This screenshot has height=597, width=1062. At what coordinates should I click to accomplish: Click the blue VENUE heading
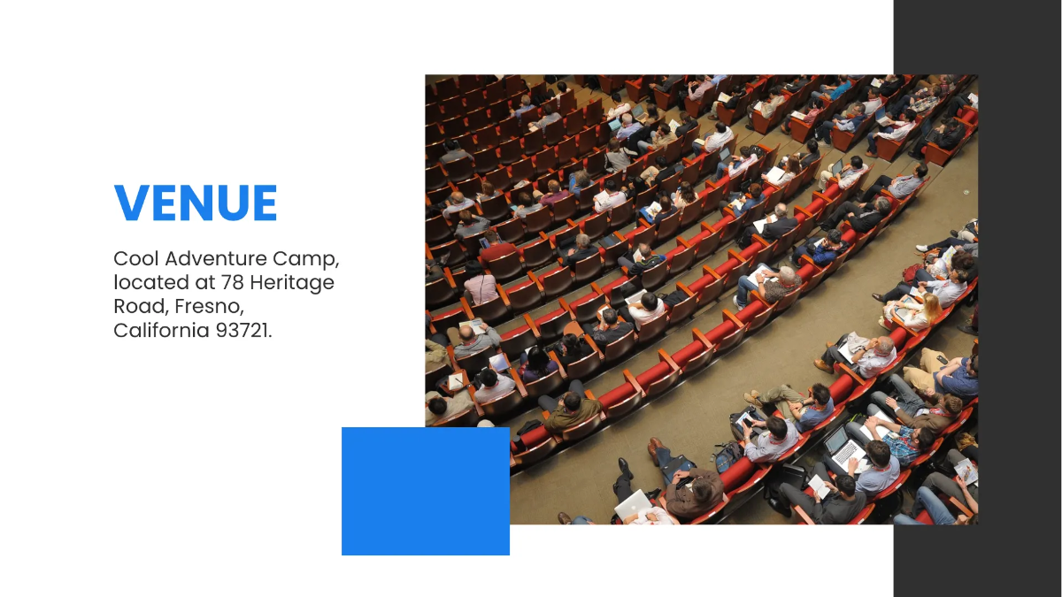[x=196, y=203]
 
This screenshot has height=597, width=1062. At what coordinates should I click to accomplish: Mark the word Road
[x=142, y=307]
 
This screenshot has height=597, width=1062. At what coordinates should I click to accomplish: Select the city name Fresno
[x=209, y=307]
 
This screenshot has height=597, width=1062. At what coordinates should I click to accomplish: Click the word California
[x=161, y=330]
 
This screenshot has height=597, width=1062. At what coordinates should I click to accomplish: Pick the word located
[x=151, y=282]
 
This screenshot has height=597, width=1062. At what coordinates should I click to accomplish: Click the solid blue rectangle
[x=426, y=491]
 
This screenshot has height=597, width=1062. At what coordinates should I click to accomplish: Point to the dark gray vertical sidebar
[x=978, y=299]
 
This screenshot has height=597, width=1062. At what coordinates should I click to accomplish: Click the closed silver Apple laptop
[x=634, y=506]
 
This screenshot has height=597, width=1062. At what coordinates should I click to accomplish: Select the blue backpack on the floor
[x=728, y=456]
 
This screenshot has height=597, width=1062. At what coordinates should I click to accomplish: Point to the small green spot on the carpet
[x=966, y=192]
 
